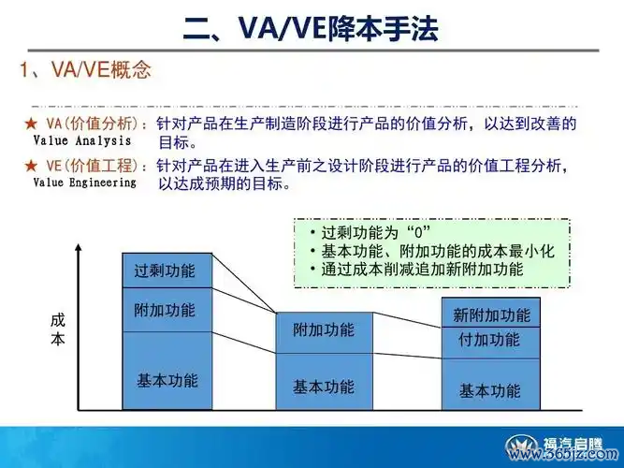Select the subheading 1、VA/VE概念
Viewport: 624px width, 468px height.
[85, 69]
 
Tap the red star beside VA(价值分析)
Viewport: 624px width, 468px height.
[31, 124]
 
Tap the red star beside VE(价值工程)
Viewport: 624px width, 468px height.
[31, 166]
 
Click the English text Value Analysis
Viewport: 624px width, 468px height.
[82, 140]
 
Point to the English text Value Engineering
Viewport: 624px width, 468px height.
[85, 183]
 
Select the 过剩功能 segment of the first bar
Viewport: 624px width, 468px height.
[167, 271]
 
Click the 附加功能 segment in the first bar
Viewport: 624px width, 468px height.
[167, 310]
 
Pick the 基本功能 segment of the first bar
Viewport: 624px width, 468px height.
[167, 371]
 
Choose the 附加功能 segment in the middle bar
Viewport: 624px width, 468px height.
[325, 332]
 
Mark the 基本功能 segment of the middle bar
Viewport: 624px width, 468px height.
[325, 382]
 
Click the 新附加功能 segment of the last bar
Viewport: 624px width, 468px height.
[491, 313]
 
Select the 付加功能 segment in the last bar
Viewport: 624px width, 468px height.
[491, 343]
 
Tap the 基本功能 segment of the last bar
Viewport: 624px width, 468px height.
[491, 384]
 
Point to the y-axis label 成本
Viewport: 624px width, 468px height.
[58, 329]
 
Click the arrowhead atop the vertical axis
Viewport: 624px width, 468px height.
[79, 248]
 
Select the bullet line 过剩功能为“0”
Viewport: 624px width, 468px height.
[370, 233]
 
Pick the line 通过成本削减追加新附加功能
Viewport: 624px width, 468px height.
[416, 270]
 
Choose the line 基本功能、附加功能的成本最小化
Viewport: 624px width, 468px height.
[432, 251]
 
